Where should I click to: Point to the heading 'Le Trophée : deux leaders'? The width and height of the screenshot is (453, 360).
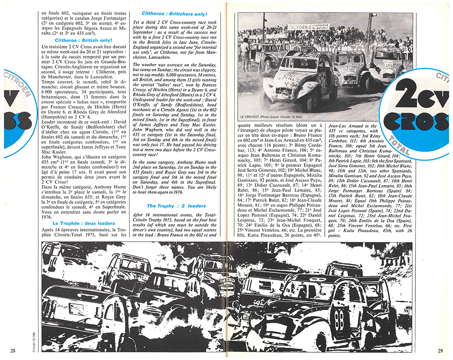(x=83, y=224)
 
